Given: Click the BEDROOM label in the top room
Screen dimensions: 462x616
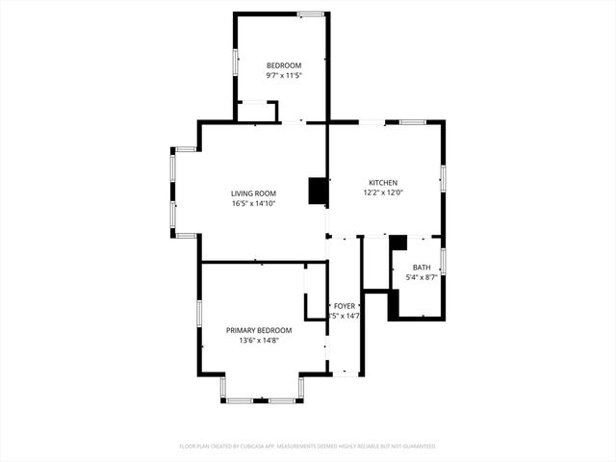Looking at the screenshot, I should pyautogui.click(x=284, y=65).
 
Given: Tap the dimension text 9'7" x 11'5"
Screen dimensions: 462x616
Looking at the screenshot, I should pyautogui.click(x=284, y=75).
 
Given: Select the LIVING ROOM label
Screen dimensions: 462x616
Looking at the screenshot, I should pyautogui.click(x=253, y=193).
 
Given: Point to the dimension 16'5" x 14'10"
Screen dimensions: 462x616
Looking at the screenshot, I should pyautogui.click(x=253, y=203).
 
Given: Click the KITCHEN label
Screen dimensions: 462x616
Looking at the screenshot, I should pyautogui.click(x=383, y=183).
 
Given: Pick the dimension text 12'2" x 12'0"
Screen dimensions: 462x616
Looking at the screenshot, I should pyautogui.click(x=383, y=192).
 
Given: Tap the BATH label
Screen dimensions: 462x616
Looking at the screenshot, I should pyautogui.click(x=422, y=268).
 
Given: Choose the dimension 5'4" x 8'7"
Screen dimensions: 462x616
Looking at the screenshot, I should pyautogui.click(x=422, y=277).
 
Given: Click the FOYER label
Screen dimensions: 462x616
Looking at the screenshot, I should pyautogui.click(x=344, y=306).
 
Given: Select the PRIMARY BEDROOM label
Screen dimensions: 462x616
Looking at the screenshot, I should pyautogui.click(x=260, y=330).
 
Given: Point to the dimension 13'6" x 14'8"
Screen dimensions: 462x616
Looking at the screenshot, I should pyautogui.click(x=260, y=340).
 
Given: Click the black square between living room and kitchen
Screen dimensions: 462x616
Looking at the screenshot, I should pyautogui.click(x=317, y=191).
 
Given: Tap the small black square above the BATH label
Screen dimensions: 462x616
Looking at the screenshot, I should pyautogui.click(x=398, y=243).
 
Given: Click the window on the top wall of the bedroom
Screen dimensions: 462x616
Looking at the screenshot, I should pyautogui.click(x=310, y=13).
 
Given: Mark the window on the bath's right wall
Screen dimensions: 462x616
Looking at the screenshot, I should pyautogui.click(x=443, y=261).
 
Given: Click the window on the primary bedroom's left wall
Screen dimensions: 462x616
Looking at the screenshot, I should pyautogui.click(x=199, y=314).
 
